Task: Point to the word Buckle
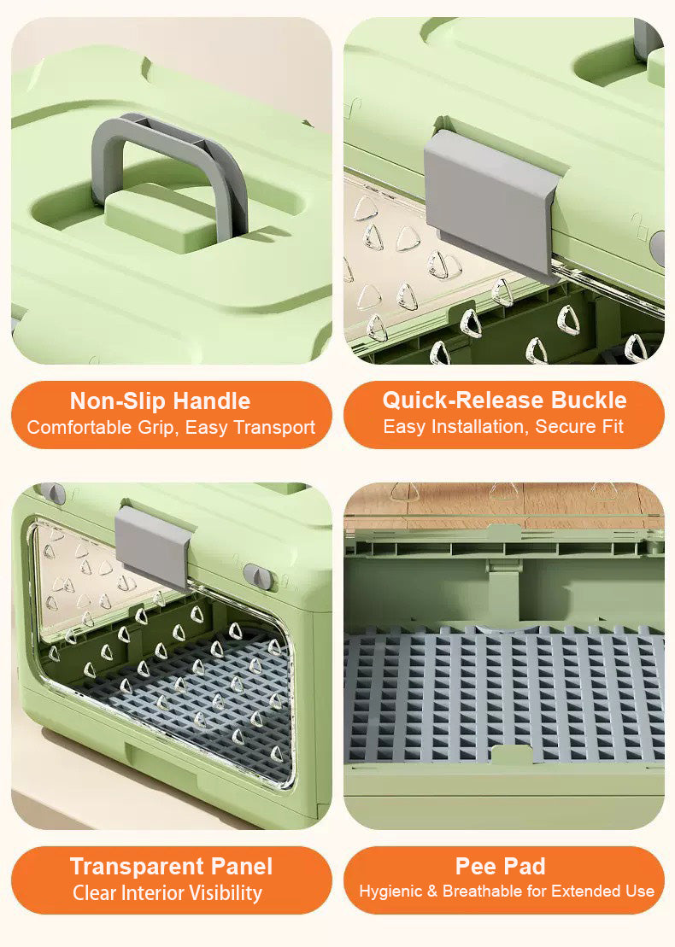click(x=589, y=400)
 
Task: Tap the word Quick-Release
click(x=463, y=400)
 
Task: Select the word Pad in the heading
click(x=523, y=867)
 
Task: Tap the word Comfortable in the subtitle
click(x=79, y=428)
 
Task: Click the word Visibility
click(x=226, y=892)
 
